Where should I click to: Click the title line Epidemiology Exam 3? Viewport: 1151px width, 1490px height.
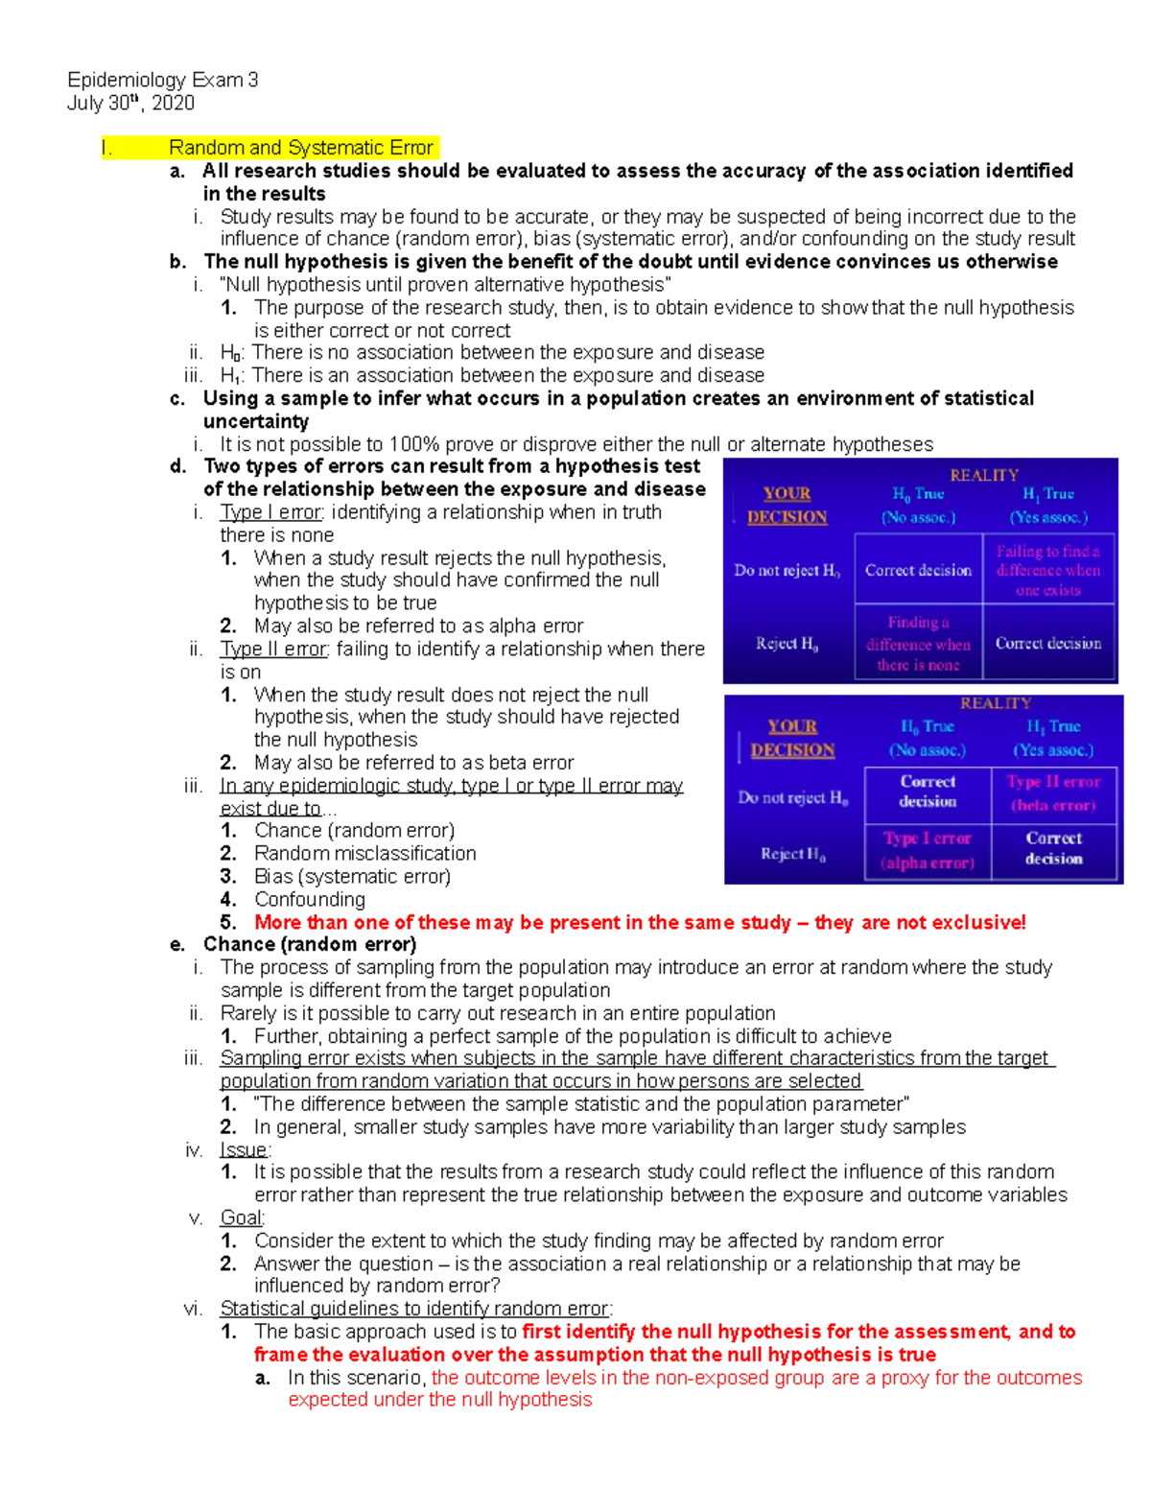point(162,80)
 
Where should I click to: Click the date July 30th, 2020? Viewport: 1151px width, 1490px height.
point(130,103)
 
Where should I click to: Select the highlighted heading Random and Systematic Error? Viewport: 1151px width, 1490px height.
point(300,148)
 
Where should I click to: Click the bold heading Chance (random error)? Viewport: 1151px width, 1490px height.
point(309,944)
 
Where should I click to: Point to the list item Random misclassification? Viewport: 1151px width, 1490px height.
point(364,853)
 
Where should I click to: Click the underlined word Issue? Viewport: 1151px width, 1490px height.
point(244,1149)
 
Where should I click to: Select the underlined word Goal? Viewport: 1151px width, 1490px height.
point(242,1218)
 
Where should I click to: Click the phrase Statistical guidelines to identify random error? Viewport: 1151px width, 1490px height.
point(415,1309)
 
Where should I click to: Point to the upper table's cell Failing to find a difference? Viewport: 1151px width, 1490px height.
point(1047,570)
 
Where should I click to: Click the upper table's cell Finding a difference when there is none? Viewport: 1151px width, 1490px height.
point(918,644)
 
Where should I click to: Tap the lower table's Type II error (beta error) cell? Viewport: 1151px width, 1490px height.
point(1053,793)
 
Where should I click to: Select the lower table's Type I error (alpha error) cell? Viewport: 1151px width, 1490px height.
point(928,850)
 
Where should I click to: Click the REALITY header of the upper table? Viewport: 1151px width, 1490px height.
point(983,475)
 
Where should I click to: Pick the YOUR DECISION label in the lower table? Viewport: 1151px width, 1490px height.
point(792,738)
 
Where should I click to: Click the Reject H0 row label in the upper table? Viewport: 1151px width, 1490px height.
point(787,644)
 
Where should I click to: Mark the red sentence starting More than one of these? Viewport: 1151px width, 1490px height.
point(639,922)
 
